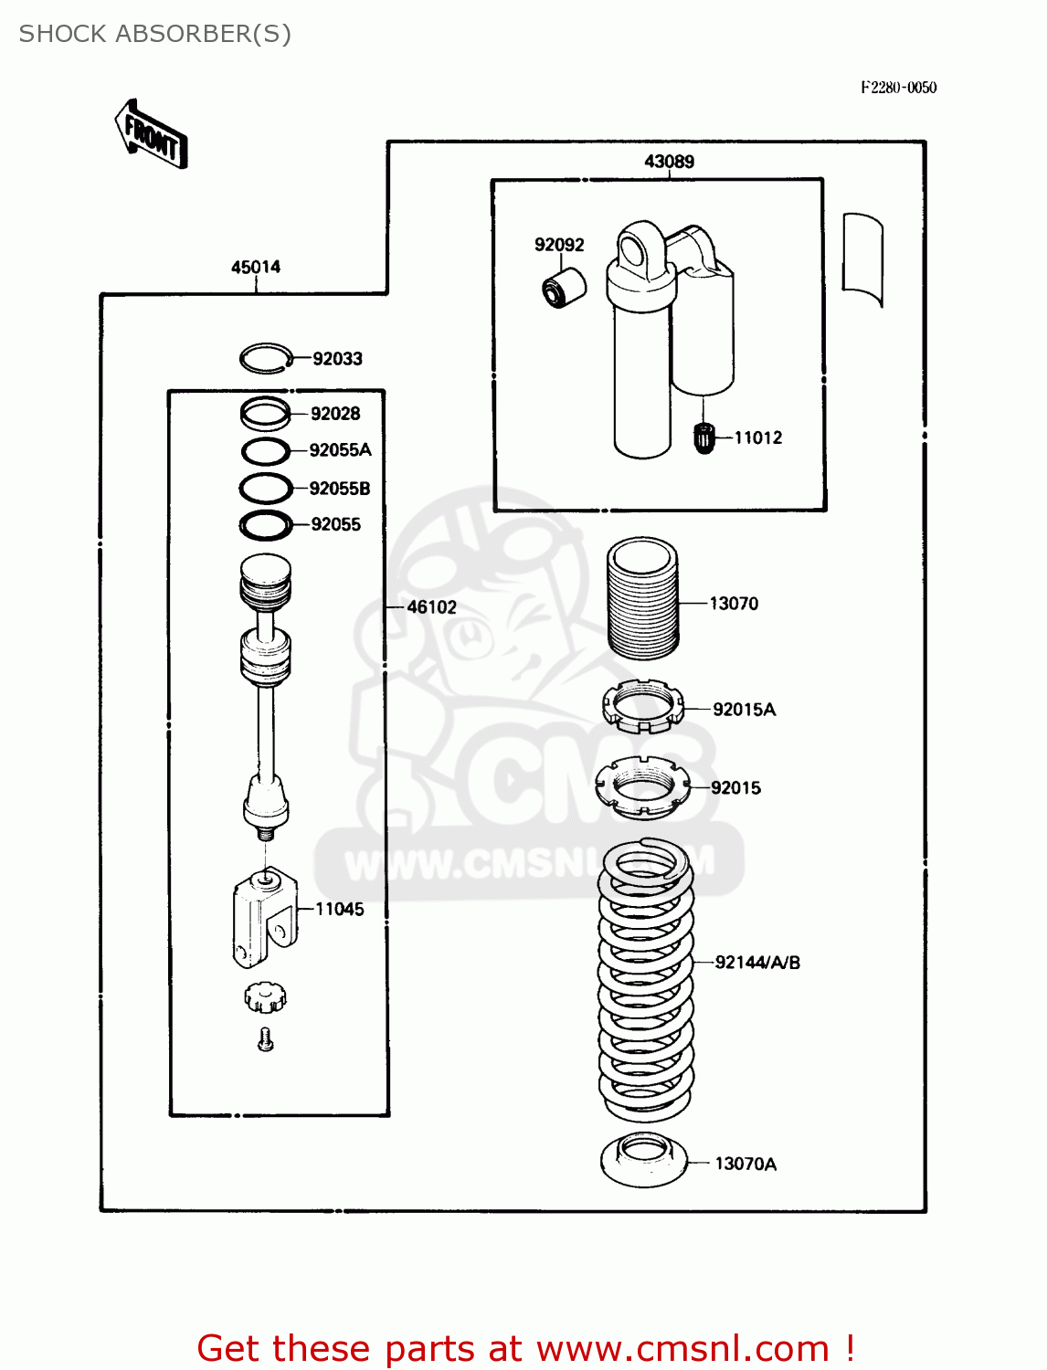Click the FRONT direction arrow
click(151, 135)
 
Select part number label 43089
click(669, 162)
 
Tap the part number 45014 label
click(256, 268)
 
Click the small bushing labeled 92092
click(562, 288)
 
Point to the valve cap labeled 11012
click(703, 438)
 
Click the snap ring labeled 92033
click(266, 358)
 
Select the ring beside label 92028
click(266, 414)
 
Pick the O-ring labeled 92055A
click(266, 451)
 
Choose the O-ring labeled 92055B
click(266, 489)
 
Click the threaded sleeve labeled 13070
click(643, 597)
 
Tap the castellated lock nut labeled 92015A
click(642, 707)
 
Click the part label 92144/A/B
click(757, 963)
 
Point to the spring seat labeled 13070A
click(643, 1159)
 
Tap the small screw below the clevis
click(266, 1039)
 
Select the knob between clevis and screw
click(265, 997)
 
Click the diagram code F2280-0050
click(898, 88)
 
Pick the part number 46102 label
click(431, 607)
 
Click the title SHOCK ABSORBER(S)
click(155, 34)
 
